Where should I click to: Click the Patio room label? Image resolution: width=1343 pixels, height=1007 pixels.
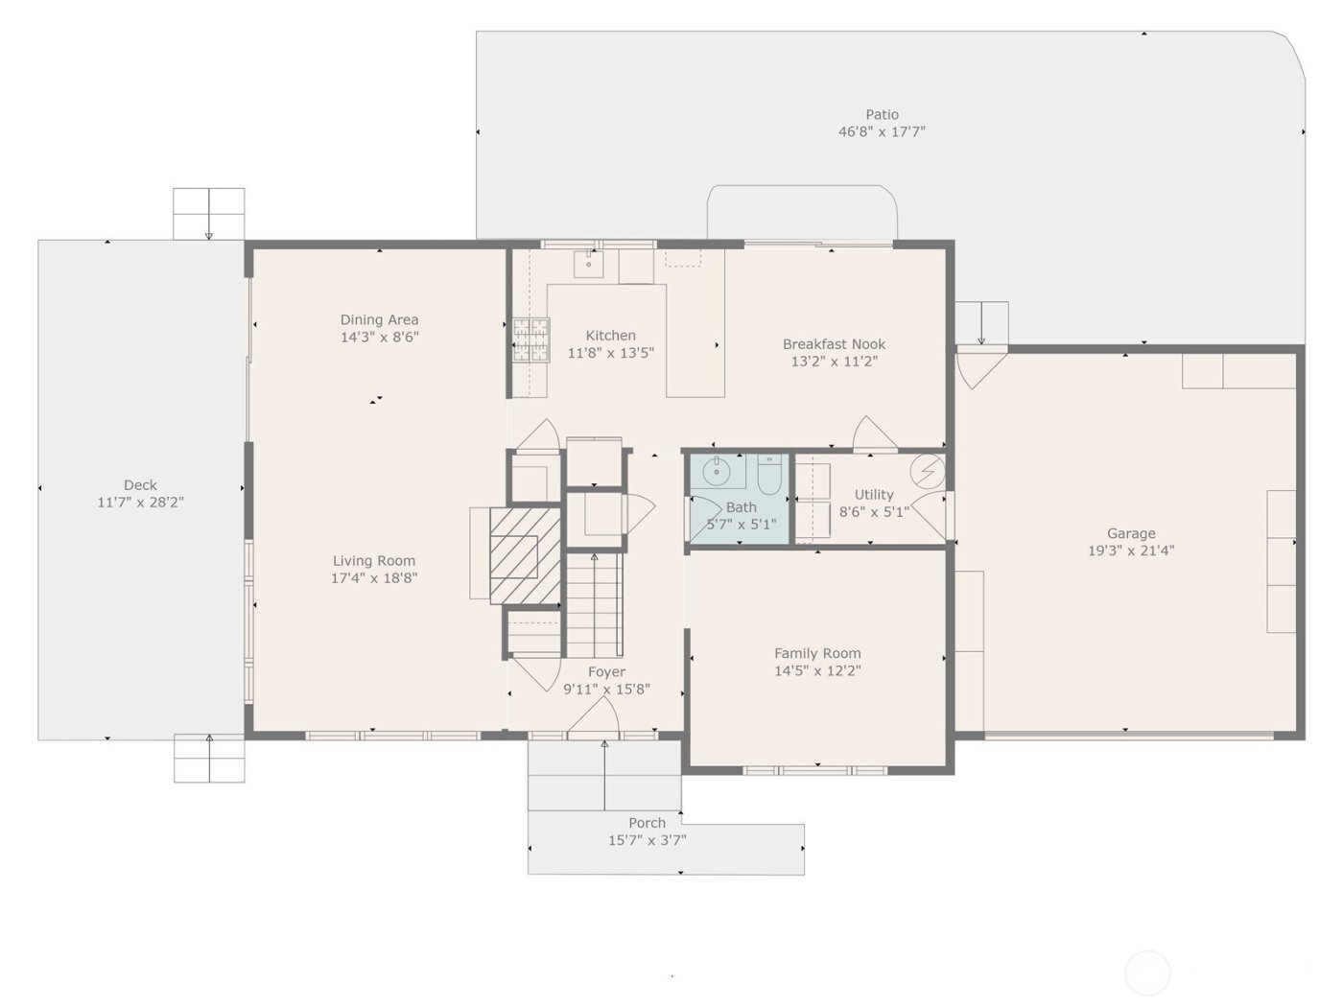882,114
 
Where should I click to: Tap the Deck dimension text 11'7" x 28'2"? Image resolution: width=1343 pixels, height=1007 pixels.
140,503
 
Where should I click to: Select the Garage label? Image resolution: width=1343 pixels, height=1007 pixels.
1131,533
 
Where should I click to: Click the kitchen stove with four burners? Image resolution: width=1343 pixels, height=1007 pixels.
530,340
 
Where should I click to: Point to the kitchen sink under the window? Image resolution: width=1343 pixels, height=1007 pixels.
588,263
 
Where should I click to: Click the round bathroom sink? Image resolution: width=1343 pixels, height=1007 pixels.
716,471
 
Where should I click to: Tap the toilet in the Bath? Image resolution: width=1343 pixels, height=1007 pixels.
769,472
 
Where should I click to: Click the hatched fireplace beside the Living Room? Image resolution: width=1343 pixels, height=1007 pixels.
525,556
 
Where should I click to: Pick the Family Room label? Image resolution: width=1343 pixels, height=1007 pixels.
817,653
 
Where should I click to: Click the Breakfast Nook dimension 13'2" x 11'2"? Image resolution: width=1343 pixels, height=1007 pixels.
834,362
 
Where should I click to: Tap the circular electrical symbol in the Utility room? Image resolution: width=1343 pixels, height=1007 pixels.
927,471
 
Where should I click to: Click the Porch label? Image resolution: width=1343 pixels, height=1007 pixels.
647,823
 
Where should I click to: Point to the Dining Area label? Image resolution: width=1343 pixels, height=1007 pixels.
379,319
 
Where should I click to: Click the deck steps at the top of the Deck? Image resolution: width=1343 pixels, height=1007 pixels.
208,213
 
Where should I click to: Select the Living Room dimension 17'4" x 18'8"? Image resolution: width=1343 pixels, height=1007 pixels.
374,578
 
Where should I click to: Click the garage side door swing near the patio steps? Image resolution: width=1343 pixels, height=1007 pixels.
977,368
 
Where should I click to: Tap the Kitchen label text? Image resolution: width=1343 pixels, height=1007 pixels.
610,336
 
